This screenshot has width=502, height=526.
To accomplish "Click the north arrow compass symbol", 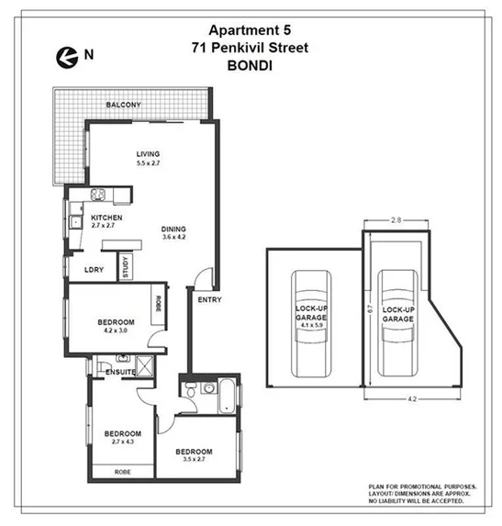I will (65, 55).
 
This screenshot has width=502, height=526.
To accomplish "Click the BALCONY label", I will (123, 106).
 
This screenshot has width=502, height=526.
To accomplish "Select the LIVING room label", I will (149, 153).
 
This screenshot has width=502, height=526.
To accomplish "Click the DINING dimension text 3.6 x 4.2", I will (174, 238).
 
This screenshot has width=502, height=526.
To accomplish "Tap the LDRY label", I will (94, 269).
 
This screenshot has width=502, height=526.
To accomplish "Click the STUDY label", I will (126, 267).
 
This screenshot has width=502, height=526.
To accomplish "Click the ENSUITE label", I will (120, 372).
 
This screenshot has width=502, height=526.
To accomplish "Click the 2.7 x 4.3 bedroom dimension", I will (121, 443).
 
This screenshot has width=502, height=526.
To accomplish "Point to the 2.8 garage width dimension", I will (396, 221).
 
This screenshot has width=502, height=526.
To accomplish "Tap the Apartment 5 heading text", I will (251, 29).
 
